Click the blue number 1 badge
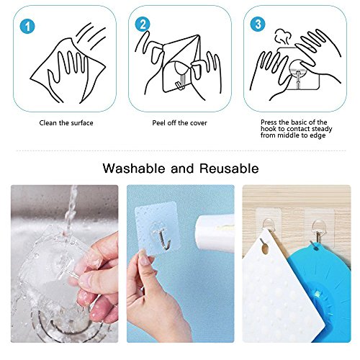click(27, 26)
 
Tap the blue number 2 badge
click(143, 24)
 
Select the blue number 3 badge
click(258, 24)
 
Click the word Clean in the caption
click(48, 123)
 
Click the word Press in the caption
click(269, 122)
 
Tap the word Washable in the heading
click(134, 168)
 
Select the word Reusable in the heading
click(229, 168)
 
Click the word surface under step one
click(81, 123)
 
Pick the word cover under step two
click(199, 123)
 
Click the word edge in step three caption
click(319, 135)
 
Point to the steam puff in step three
click(283, 37)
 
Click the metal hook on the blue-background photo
click(163, 239)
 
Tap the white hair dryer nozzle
click(215, 233)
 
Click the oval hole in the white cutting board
click(264, 247)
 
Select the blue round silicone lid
click(323, 288)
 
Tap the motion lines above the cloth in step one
click(91, 36)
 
